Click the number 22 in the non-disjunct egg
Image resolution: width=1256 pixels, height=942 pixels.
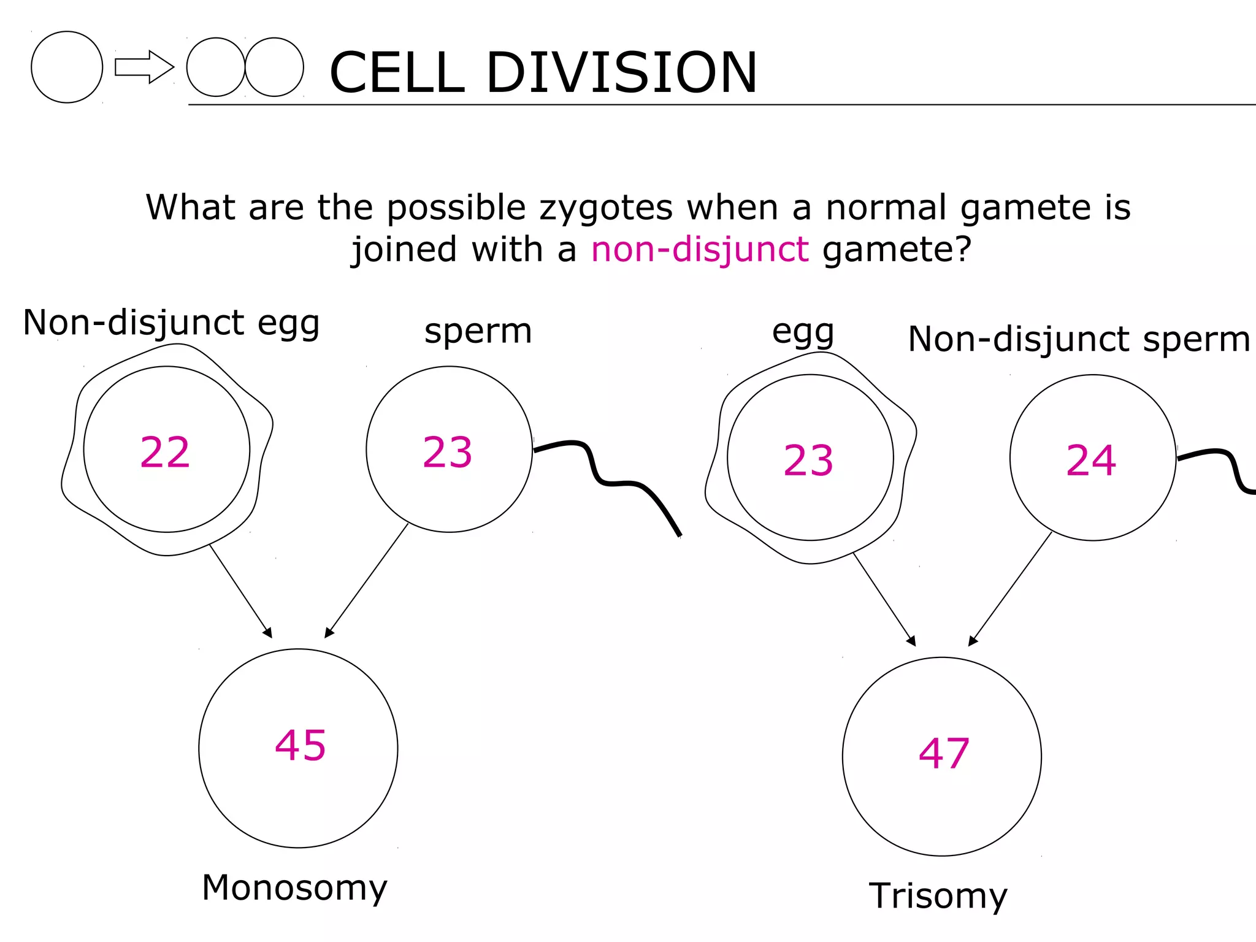click(x=165, y=453)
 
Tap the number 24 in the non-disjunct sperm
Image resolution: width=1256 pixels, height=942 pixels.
click(x=1091, y=461)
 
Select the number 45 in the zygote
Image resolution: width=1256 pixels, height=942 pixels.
click(x=300, y=746)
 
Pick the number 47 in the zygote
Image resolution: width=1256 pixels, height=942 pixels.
click(x=943, y=754)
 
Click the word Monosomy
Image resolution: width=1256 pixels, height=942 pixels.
click(x=294, y=888)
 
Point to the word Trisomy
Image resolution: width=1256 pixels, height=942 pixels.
click(x=938, y=896)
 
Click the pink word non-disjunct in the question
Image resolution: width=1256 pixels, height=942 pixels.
click(x=699, y=250)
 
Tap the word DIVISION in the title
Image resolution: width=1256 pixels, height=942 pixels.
click(x=621, y=72)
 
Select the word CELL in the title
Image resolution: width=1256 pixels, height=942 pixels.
click(x=397, y=72)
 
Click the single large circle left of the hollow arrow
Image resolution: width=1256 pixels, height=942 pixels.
click(x=67, y=67)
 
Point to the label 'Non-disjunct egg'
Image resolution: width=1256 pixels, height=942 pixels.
click(x=171, y=323)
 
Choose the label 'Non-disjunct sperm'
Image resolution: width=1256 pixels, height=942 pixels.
click(x=1079, y=339)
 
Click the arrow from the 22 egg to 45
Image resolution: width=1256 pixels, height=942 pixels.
click(x=240, y=591)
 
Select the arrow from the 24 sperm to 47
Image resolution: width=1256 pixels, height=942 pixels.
click(x=1011, y=588)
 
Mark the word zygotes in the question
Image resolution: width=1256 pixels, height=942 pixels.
click(x=606, y=207)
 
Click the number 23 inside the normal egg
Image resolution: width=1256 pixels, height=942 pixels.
click(x=808, y=461)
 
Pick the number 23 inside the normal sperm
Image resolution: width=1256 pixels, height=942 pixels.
click(x=447, y=453)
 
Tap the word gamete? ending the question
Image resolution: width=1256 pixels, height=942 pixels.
click(x=897, y=250)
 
